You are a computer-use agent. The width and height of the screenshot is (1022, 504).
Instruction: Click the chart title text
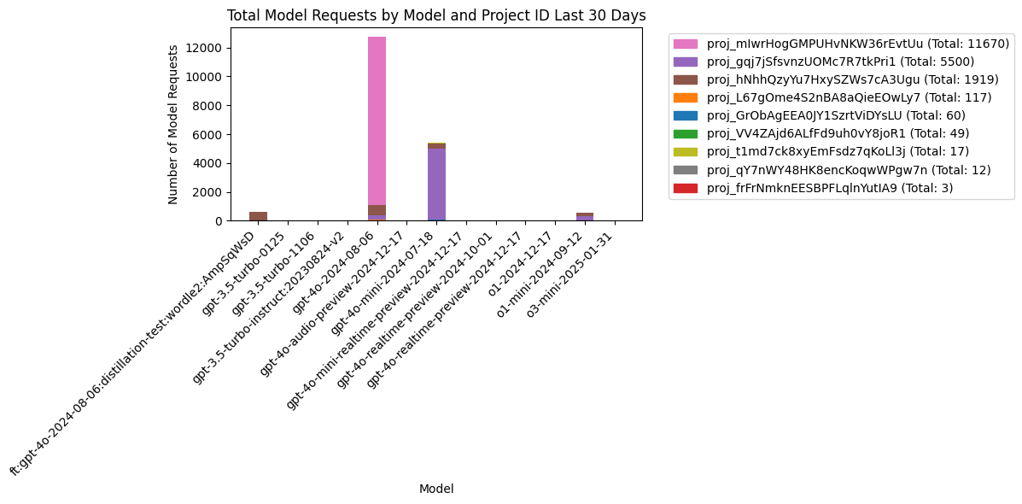(435, 15)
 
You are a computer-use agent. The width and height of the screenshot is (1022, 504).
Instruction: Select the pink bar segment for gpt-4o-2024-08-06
(377, 120)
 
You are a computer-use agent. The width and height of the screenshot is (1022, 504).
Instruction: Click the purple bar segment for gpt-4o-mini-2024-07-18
(436, 184)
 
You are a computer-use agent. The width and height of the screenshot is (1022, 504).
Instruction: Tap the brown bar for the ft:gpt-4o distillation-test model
(258, 216)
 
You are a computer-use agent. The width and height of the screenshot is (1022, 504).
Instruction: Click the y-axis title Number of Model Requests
(173, 125)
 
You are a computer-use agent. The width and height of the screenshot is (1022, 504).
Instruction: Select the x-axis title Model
(435, 489)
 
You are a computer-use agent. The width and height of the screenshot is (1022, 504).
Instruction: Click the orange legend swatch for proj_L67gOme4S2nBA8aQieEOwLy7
(685, 97)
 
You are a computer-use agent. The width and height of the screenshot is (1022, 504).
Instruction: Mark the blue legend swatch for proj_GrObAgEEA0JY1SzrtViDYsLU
(685, 115)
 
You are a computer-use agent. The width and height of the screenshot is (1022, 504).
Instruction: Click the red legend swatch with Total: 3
(685, 187)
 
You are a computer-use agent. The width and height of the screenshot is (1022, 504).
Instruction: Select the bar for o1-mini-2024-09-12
(585, 217)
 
